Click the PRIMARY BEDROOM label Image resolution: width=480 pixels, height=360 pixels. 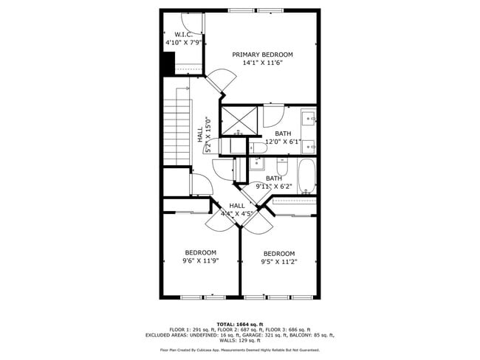point(262,55)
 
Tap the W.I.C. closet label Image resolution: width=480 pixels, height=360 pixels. point(183,35)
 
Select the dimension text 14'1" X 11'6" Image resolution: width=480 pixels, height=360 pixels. point(262,63)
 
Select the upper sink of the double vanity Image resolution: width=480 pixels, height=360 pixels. point(309,118)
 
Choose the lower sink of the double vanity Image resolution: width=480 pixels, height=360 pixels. point(309,145)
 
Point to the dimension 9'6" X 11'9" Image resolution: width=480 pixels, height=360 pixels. point(200,260)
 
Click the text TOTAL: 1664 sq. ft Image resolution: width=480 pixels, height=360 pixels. point(240,324)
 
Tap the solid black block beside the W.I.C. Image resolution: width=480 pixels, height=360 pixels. point(168,64)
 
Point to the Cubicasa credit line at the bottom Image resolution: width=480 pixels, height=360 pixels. point(240,350)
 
